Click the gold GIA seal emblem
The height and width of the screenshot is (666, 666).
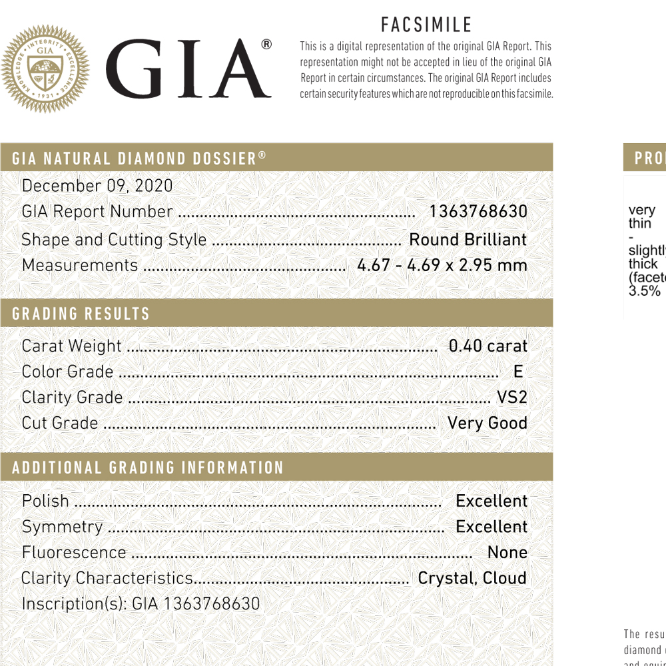click(45, 69)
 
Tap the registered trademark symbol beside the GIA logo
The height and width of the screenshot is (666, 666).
click(266, 45)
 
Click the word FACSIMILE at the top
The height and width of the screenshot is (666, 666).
click(426, 25)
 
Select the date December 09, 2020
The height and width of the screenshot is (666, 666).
click(97, 186)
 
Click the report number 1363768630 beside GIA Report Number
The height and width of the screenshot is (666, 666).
click(478, 212)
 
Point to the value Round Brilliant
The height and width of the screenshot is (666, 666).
click(468, 240)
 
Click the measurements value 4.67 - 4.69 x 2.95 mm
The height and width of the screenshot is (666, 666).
click(442, 265)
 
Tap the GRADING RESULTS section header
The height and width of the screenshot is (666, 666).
click(81, 314)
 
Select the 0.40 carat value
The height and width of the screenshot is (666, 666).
click(488, 346)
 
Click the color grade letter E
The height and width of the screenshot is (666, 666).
click(518, 372)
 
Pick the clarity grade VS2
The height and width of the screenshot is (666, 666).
click(511, 398)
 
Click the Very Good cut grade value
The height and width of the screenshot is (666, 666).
click(488, 423)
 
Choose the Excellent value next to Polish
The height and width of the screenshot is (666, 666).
click(492, 501)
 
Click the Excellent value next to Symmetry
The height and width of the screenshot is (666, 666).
click(492, 527)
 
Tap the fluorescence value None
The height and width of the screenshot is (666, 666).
click(507, 552)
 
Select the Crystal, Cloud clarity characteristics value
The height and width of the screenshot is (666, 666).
click(472, 578)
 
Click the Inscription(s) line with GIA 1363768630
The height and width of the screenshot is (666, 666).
click(141, 604)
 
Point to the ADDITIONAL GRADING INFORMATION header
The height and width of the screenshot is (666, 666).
click(148, 468)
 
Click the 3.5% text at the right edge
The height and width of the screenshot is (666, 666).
click(645, 291)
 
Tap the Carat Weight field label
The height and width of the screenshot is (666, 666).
click(72, 346)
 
